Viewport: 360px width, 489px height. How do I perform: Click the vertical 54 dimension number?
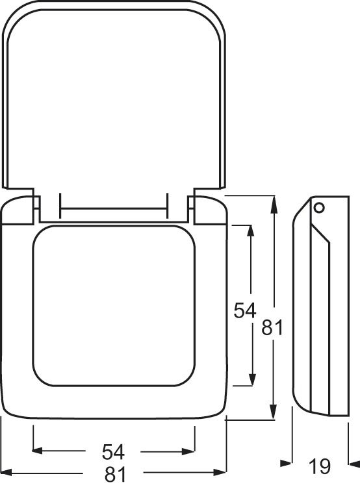point(245,310)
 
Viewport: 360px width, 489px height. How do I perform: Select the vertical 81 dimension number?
point(272,327)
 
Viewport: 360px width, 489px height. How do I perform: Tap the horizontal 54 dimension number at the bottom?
point(113,452)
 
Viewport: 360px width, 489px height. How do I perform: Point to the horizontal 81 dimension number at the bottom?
point(115,474)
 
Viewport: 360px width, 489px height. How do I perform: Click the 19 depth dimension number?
point(320,466)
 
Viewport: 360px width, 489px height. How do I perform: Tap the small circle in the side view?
point(319,207)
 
